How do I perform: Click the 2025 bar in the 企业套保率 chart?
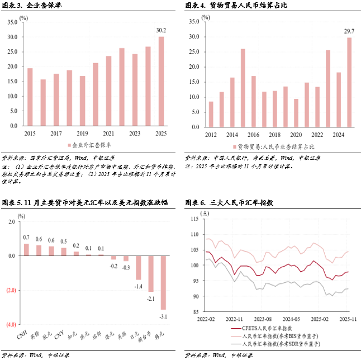pos(161,82)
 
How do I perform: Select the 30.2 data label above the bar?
pos(161,30)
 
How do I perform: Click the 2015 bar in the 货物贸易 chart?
pos(243,88)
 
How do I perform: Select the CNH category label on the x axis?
pos(23,335)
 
